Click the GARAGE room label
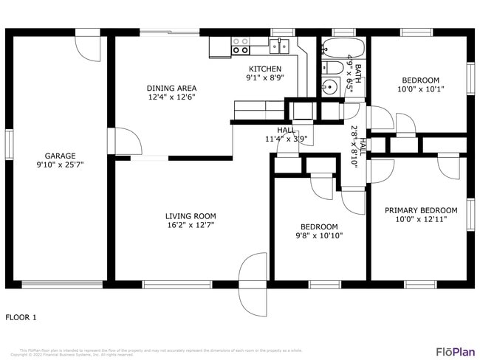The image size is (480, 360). click(x=60, y=156)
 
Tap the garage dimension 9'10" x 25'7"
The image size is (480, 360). click(x=60, y=165)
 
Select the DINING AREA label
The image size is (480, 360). click(x=171, y=88)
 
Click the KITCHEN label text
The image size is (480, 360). click(x=265, y=69)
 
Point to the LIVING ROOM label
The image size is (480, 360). click(x=191, y=216)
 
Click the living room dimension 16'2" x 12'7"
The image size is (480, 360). click(x=191, y=226)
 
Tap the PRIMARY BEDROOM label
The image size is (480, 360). click(x=419, y=210)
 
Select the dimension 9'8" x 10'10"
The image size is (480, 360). click(x=318, y=236)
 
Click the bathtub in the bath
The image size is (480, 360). click(x=343, y=49)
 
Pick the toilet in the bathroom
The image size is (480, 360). click(x=332, y=68)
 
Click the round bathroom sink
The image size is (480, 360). click(x=330, y=86)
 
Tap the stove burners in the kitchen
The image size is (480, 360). click(x=241, y=46)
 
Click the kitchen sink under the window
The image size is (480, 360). click(x=279, y=46)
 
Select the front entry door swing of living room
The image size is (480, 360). click(x=253, y=284)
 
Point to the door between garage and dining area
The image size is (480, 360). click(x=122, y=141)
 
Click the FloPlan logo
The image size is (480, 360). click(x=455, y=351)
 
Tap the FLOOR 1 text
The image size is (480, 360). click(x=21, y=317)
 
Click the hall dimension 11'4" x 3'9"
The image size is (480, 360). click(x=285, y=139)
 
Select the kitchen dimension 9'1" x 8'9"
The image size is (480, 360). click(x=265, y=78)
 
